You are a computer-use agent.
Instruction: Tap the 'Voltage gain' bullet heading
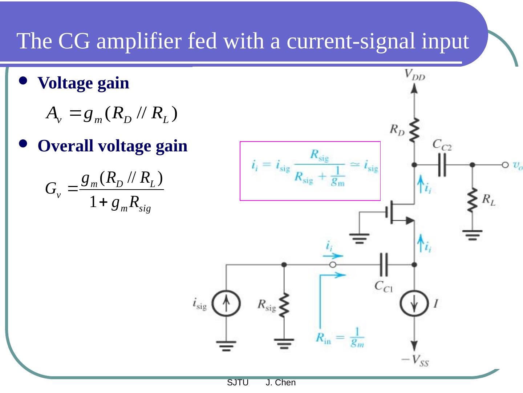point(83,83)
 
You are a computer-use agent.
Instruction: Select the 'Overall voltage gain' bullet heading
point(112,146)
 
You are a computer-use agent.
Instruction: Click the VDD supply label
point(414,75)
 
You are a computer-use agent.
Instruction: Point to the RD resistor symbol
point(414,130)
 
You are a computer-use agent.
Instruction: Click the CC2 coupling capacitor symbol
point(442,165)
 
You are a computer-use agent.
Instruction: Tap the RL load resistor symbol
point(472,200)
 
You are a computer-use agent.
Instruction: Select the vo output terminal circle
point(505,165)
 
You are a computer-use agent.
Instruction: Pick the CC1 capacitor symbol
point(384,265)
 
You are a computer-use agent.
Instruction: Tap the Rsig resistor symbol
point(284,305)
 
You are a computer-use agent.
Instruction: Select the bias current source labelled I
point(414,303)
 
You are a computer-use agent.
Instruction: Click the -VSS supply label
point(415,361)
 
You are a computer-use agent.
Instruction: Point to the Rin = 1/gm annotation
point(340,338)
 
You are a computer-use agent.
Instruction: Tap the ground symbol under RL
point(472,235)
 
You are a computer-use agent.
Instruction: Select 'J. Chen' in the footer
point(280,383)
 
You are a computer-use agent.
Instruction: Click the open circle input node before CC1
point(333,265)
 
